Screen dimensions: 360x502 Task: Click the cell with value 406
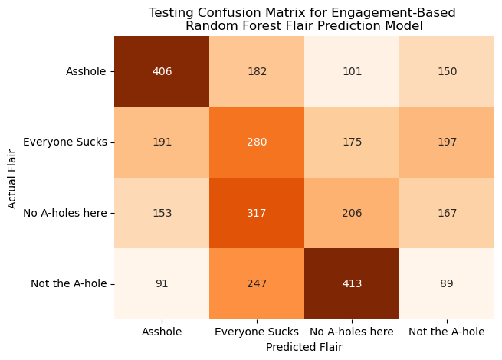162,72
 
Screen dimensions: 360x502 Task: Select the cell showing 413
352,283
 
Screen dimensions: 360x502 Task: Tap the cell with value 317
257,213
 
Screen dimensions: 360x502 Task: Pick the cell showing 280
257,142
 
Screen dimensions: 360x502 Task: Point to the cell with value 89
447,283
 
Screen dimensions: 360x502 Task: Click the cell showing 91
162,283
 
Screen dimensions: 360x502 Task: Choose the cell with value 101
352,72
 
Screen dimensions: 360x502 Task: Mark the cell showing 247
257,283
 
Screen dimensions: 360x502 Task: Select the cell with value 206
352,213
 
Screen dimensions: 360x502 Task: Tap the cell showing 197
447,142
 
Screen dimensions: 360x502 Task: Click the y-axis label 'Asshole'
87,72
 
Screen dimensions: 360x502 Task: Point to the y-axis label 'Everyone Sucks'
66,142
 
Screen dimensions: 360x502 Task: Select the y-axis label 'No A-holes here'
64,213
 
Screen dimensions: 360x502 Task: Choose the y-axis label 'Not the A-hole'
69,283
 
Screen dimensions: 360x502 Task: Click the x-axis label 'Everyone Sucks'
257,332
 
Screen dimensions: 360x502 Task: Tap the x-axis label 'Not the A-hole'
447,332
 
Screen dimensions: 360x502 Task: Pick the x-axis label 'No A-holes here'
352,332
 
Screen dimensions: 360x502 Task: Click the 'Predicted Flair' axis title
304,347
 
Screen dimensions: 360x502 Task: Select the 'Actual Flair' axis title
12,178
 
